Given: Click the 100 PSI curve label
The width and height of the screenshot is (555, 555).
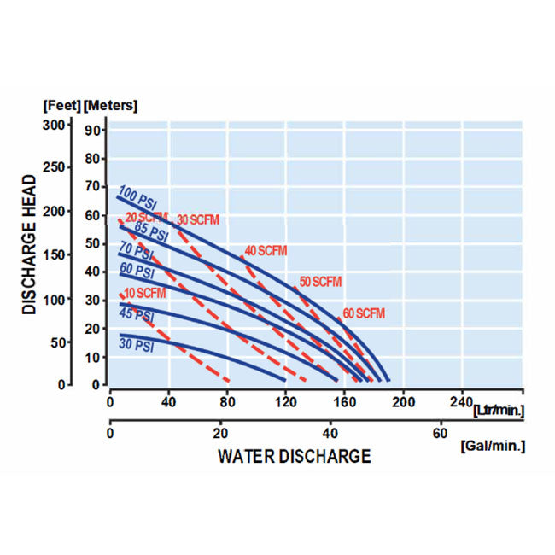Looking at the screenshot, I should pyautogui.click(x=137, y=196).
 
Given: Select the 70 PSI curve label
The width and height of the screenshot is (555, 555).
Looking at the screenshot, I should pyautogui.click(x=136, y=252).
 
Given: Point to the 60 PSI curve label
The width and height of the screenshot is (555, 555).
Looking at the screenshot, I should pyautogui.click(x=136, y=272).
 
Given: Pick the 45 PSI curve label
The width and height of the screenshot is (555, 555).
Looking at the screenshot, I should pyautogui.click(x=136, y=316).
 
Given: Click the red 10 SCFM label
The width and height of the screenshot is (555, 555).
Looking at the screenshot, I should pyautogui.click(x=144, y=294).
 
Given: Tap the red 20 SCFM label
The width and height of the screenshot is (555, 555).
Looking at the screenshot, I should pyautogui.click(x=146, y=217).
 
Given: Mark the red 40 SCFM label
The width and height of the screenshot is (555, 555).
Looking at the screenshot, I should pyautogui.click(x=266, y=251).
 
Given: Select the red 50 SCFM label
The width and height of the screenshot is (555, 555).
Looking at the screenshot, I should pyautogui.click(x=320, y=282).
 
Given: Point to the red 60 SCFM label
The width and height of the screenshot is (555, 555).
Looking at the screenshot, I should pyautogui.click(x=365, y=313).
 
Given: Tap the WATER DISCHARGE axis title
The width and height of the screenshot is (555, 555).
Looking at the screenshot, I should pyautogui.click(x=295, y=456).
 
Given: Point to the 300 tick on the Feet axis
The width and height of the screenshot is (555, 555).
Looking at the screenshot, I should pyautogui.click(x=54, y=125).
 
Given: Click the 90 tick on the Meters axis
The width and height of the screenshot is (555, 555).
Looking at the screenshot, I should pyautogui.click(x=93, y=131).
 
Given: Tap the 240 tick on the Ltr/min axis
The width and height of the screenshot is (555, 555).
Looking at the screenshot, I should pyautogui.click(x=460, y=402).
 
